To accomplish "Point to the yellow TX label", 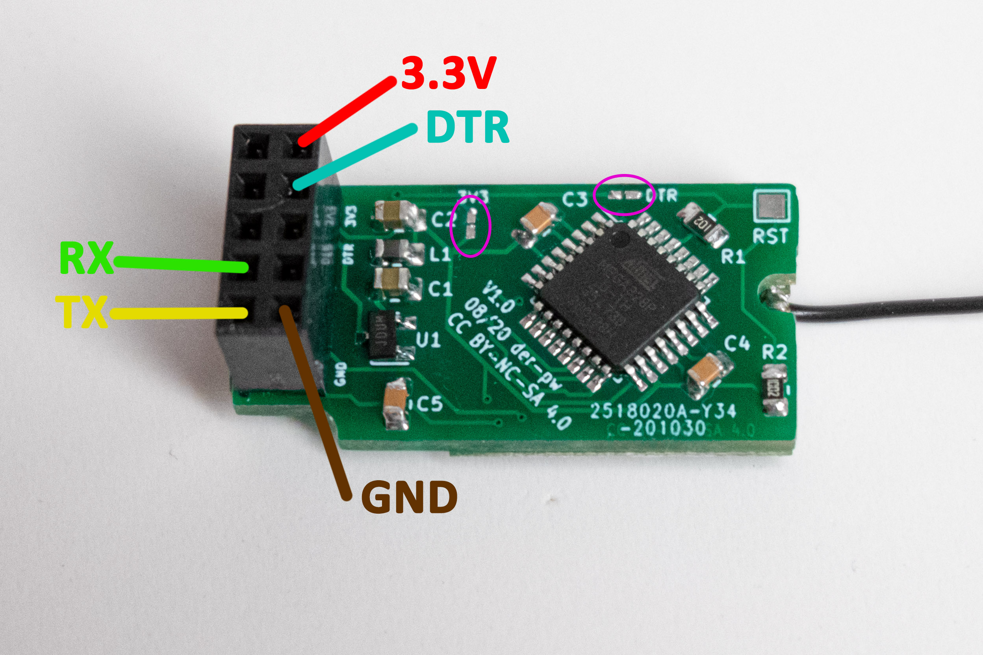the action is pos(82,312).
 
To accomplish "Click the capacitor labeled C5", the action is pos(395,405).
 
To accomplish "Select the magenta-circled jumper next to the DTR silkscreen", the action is pos(625,195).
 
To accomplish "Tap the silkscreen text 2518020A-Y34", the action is pos(663,411).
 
